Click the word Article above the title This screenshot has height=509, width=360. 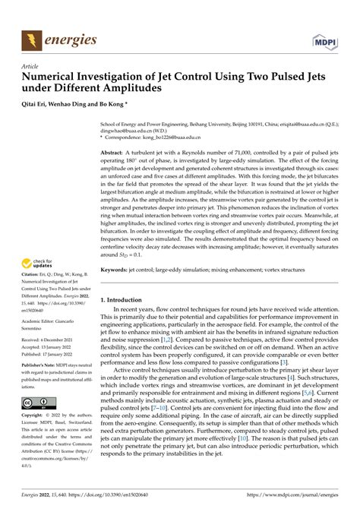30,67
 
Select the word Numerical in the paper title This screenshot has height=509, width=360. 52,77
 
